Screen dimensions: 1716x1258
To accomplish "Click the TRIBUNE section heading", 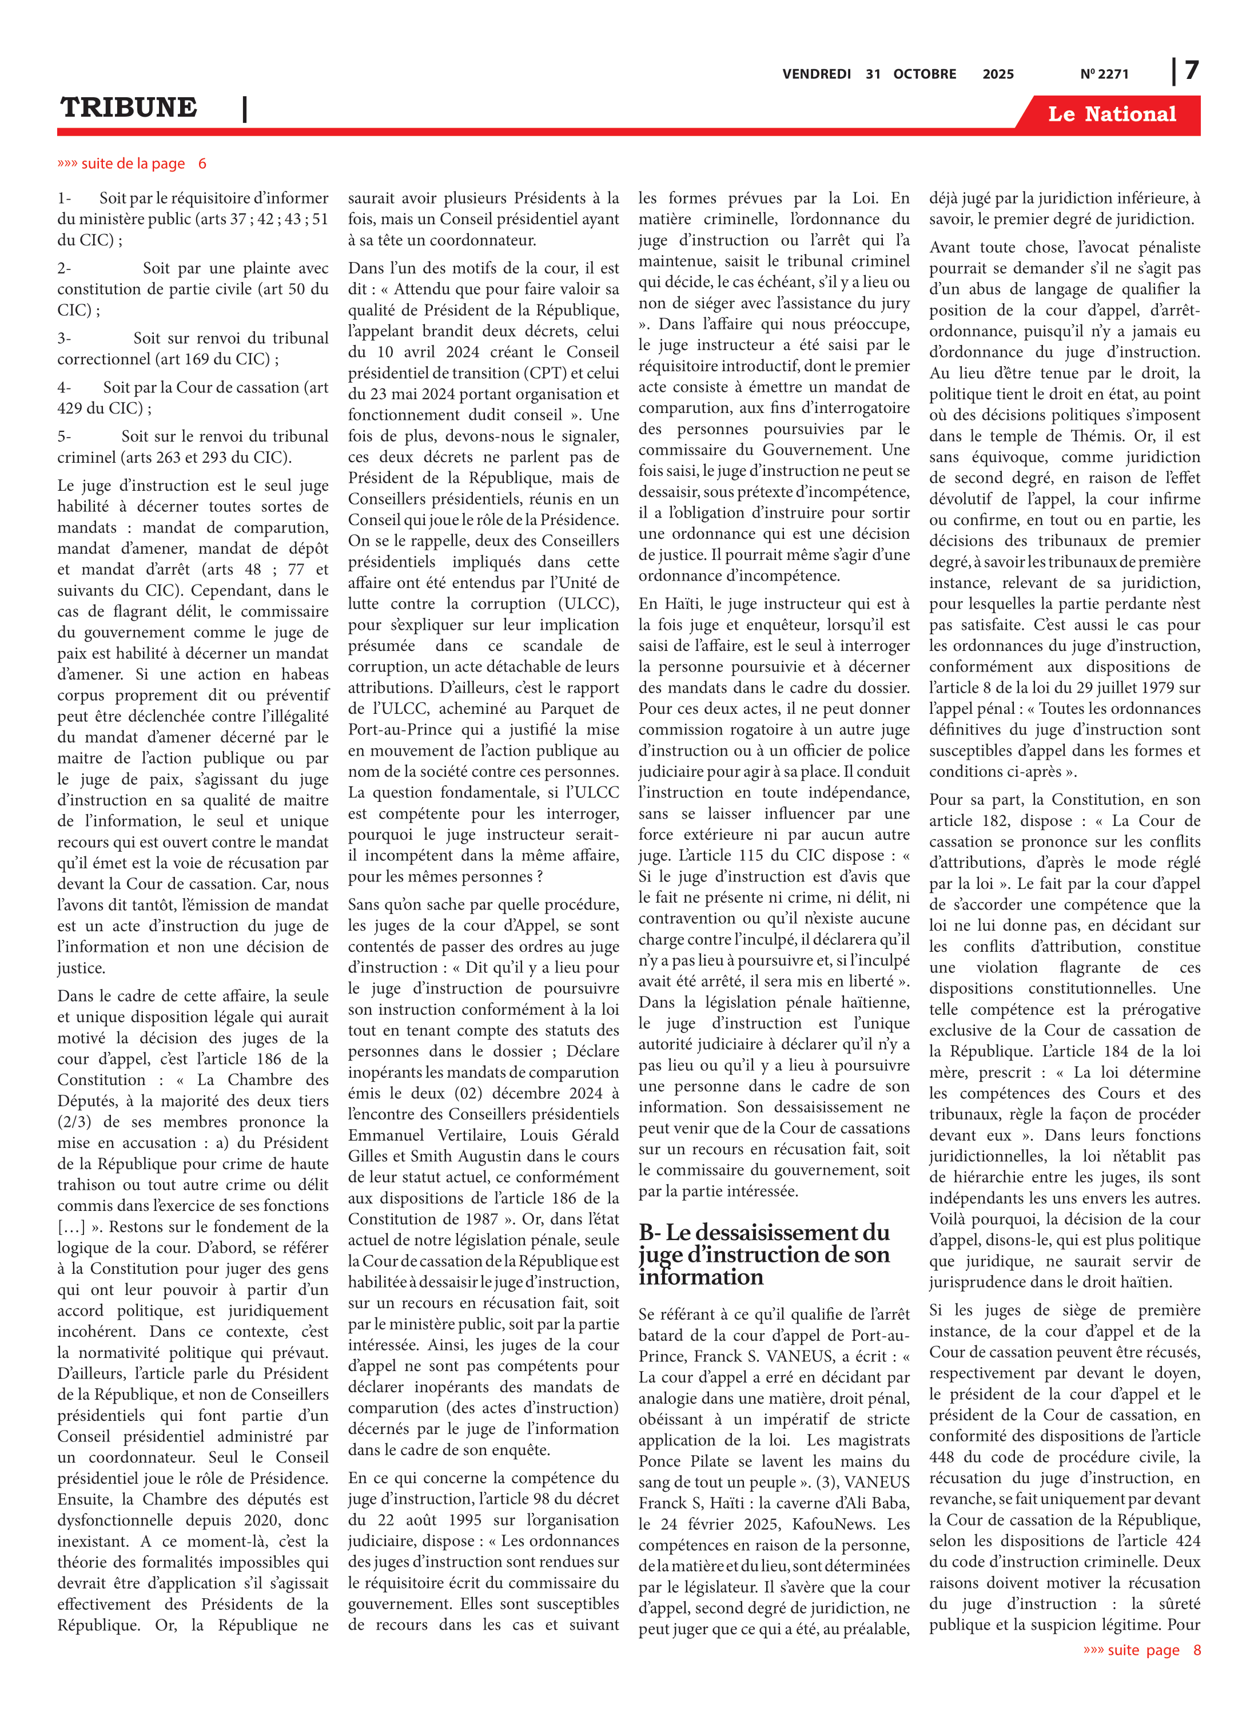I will point(129,108).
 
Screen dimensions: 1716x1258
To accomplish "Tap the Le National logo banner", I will point(1111,114).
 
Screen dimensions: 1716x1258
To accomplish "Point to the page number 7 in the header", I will point(1191,71).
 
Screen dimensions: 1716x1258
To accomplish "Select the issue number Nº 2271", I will point(1104,74).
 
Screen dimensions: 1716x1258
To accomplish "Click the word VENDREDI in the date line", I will point(817,74).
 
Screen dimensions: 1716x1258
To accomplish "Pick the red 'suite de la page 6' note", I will point(132,164).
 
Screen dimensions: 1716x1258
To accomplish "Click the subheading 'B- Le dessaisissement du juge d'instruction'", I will point(764,1254).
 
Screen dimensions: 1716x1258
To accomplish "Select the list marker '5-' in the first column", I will point(64,436).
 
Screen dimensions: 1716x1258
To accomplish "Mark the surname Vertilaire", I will point(470,1135).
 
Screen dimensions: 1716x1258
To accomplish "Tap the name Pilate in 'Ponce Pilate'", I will point(712,1461).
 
